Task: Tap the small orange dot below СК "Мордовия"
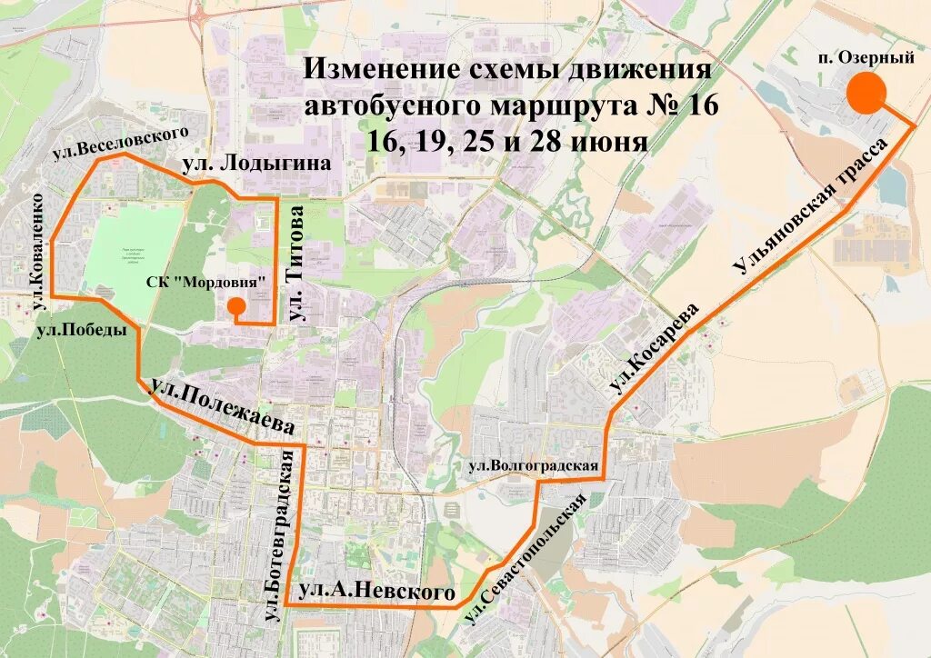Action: tap(235, 305)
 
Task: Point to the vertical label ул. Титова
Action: tap(296, 264)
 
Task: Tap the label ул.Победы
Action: tap(82, 331)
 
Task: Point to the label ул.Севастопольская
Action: tap(526, 560)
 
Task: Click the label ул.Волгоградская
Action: tap(533, 467)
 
